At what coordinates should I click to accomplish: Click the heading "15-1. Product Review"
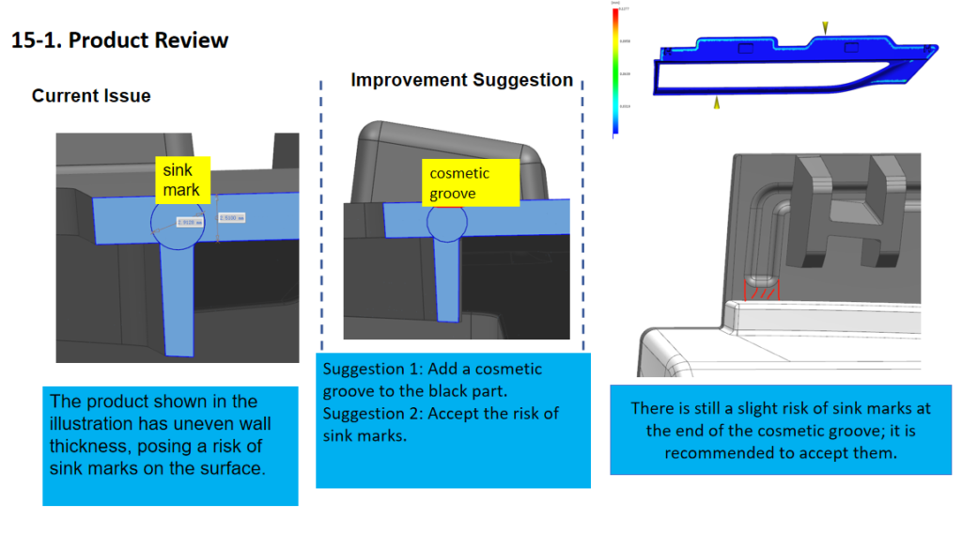[119, 40]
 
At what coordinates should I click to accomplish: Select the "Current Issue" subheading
[90, 96]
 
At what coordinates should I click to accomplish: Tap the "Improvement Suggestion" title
[461, 80]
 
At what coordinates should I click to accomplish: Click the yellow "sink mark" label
[182, 180]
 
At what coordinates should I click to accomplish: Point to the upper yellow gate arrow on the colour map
[825, 28]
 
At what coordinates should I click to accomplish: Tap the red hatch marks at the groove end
[760, 292]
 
